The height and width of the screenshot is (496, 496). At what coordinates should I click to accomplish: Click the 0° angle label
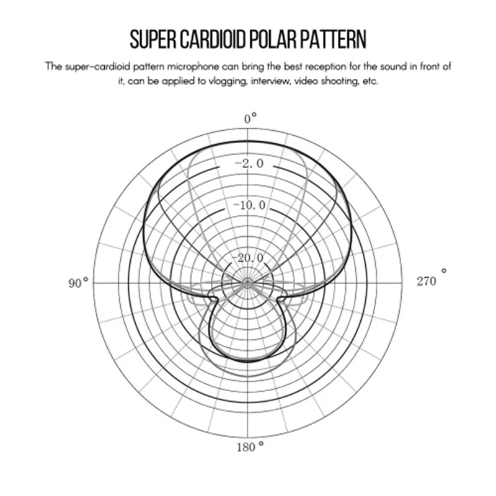(250, 118)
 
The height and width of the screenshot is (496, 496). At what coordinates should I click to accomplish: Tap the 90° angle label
(78, 283)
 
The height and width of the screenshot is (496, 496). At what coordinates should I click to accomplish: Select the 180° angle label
(250, 446)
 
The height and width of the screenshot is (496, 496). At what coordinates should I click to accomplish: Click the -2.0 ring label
(249, 164)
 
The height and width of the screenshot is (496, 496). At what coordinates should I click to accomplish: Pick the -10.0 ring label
(249, 205)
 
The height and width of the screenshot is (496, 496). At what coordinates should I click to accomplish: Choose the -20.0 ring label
(247, 258)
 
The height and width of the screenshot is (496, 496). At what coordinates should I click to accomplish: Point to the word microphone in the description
(193, 67)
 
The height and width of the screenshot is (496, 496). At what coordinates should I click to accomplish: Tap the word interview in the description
(270, 81)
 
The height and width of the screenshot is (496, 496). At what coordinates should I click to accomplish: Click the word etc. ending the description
(370, 82)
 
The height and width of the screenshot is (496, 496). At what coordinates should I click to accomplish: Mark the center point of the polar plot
(247, 282)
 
